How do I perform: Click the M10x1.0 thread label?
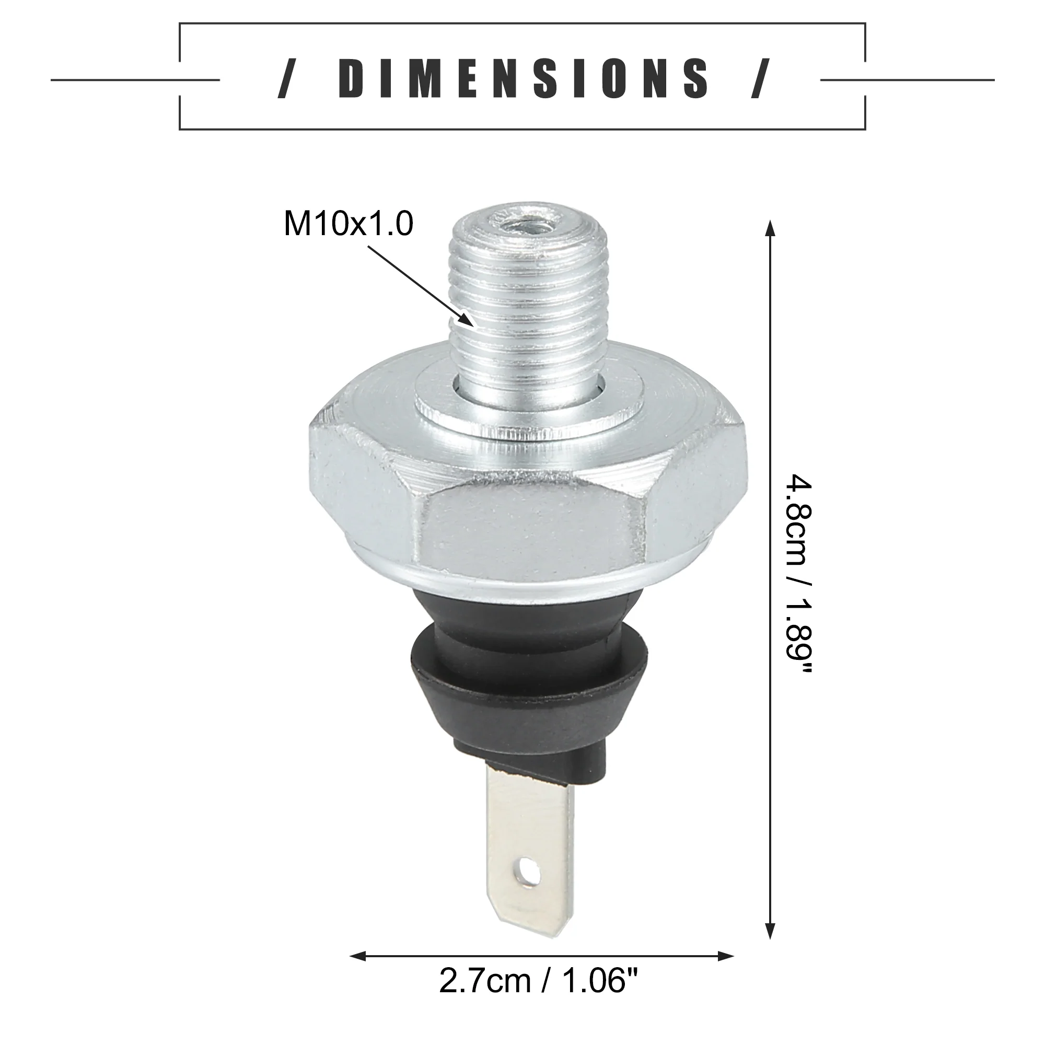point(349,224)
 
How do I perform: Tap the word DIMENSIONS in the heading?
point(522,79)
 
